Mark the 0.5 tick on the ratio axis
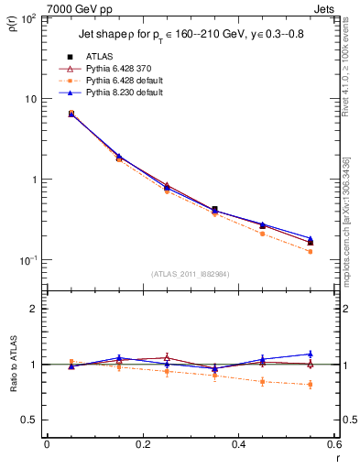coord(32,420)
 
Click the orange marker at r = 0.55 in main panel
coord(311,251)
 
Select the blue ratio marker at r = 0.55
coord(311,354)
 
